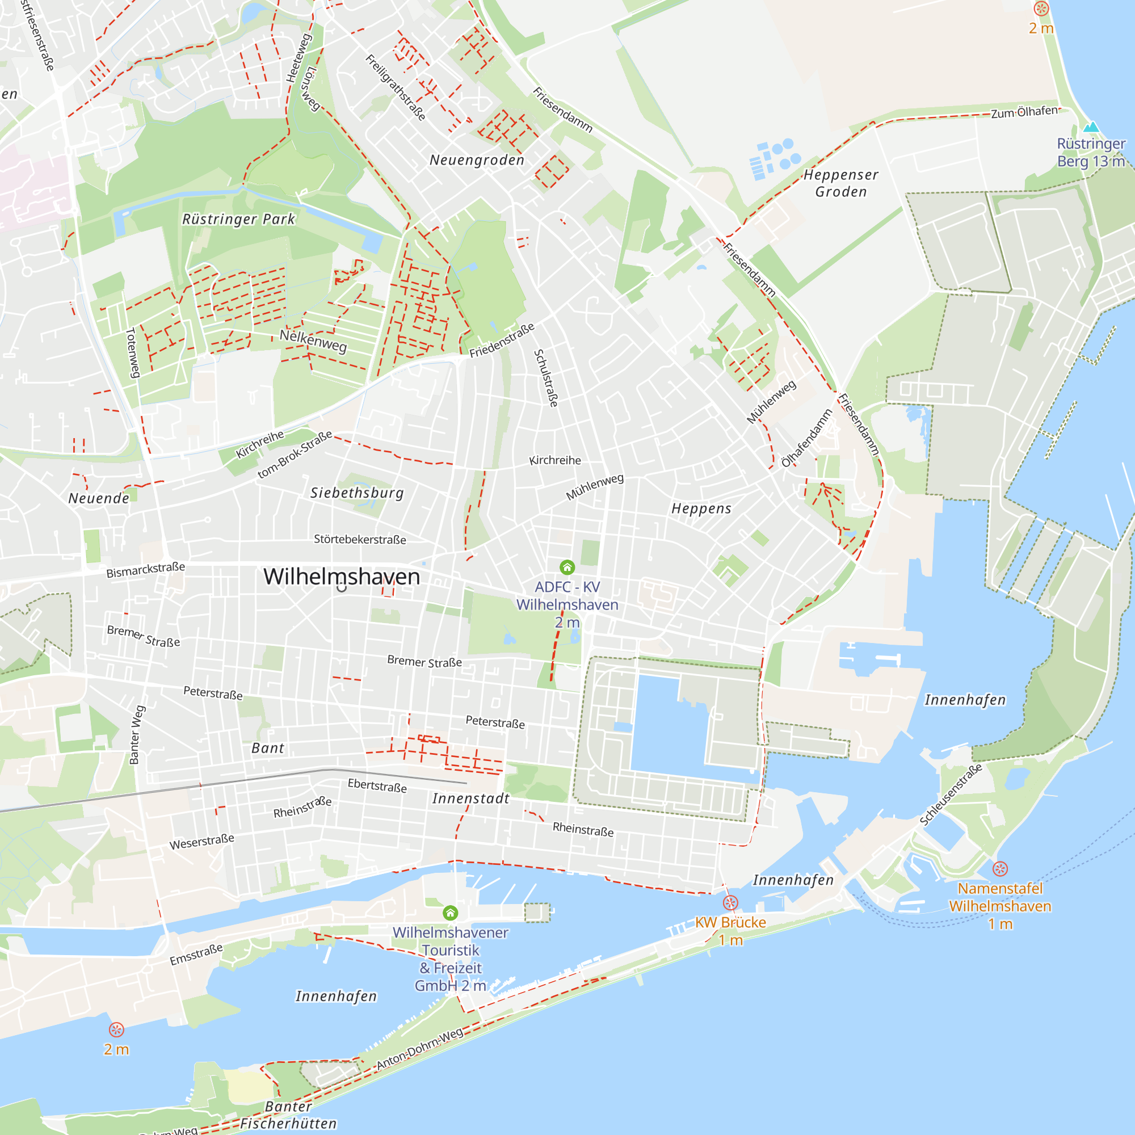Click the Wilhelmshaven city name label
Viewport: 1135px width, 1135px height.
(x=341, y=577)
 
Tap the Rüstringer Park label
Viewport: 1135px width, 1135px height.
(x=238, y=219)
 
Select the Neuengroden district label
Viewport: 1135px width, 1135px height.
(x=477, y=160)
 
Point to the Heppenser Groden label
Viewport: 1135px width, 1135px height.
(x=840, y=183)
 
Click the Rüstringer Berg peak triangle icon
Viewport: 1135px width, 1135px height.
(x=1091, y=127)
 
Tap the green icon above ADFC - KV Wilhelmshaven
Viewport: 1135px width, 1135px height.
(x=567, y=567)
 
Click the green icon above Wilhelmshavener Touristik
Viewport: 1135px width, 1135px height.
(x=450, y=913)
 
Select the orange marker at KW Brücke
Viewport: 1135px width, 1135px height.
(x=730, y=903)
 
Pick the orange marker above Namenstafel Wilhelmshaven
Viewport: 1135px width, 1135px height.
(x=1000, y=868)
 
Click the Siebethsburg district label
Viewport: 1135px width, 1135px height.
(x=357, y=493)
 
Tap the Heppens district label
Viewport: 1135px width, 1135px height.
(x=701, y=508)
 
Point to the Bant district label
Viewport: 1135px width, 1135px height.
(x=268, y=748)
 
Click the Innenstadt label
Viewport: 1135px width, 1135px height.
(x=471, y=798)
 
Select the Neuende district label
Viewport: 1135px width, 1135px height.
(x=99, y=498)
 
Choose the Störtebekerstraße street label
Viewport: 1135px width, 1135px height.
(x=360, y=539)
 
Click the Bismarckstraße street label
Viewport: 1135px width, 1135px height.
(x=146, y=569)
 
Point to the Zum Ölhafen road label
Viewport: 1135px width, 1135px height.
(x=1024, y=112)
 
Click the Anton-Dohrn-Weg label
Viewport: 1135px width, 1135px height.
(x=419, y=1049)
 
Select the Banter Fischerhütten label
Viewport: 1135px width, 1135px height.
(x=288, y=1115)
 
